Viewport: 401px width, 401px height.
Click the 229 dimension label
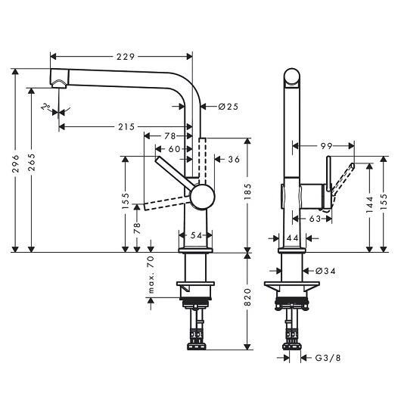coord(126,57)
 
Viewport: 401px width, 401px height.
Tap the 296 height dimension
coord(16,163)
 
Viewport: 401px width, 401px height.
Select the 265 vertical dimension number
coord(32,163)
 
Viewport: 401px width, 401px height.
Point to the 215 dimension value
coord(126,126)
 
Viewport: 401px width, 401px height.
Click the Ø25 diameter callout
coord(228,107)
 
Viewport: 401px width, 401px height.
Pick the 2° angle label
coord(46,106)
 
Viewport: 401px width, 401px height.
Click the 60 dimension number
coord(175,149)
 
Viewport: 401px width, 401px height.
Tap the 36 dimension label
coord(234,160)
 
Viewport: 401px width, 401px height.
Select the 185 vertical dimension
coord(248,191)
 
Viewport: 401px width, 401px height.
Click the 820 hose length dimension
coord(248,297)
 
